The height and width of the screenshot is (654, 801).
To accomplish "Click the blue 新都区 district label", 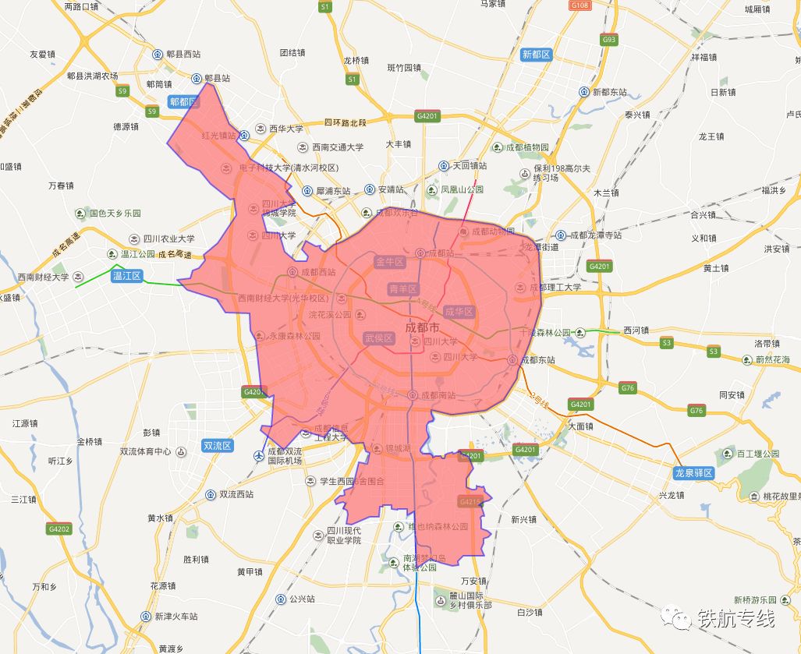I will click(537, 55).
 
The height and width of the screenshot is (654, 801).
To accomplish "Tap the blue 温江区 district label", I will click(126, 276).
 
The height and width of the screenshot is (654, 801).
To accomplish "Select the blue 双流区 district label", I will click(218, 446).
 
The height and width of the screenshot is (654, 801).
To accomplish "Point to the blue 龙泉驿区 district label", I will click(694, 473).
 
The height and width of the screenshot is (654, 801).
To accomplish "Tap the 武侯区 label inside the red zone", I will click(378, 338).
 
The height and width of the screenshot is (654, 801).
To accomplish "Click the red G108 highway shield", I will click(580, 5).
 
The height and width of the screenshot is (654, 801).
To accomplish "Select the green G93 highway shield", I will click(609, 39).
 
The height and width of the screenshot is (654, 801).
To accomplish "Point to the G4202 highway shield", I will click(58, 529).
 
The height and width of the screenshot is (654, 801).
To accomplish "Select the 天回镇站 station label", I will click(470, 166).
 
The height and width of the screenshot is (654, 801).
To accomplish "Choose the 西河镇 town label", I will click(636, 331).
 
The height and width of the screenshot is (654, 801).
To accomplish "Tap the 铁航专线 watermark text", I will click(735, 619).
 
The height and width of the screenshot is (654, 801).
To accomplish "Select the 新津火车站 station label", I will click(175, 617).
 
